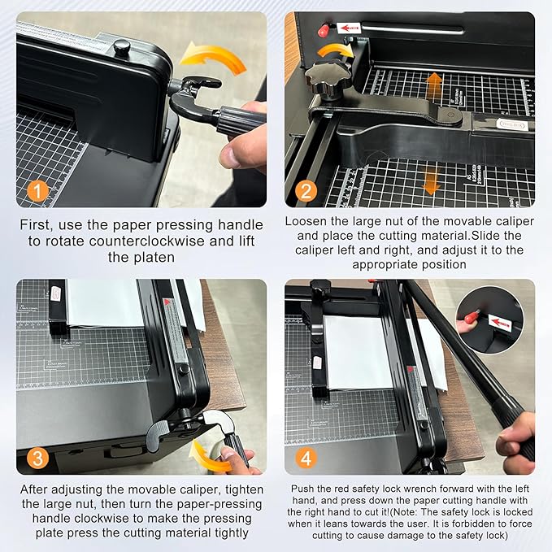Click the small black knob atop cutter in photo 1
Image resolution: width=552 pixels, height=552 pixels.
coord(122,47)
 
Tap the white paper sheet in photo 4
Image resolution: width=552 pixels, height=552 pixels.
coord(366,350)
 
